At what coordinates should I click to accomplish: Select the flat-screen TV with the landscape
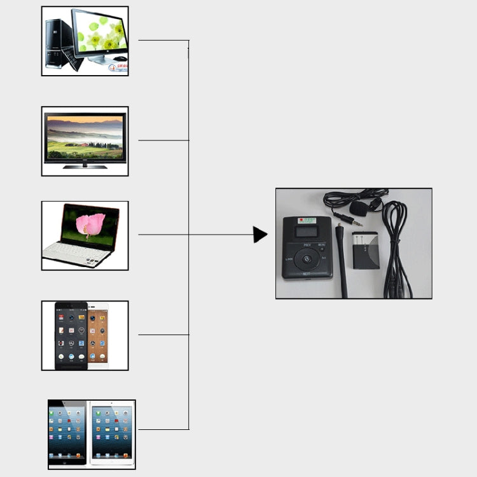[x=85, y=137]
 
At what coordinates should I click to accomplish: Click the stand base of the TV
[x=84, y=167]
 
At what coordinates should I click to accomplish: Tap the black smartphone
[x=71, y=335]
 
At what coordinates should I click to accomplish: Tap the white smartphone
[x=99, y=335]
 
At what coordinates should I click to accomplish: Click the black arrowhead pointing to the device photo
[x=259, y=235]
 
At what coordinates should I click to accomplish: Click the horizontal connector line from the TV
[x=163, y=140]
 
